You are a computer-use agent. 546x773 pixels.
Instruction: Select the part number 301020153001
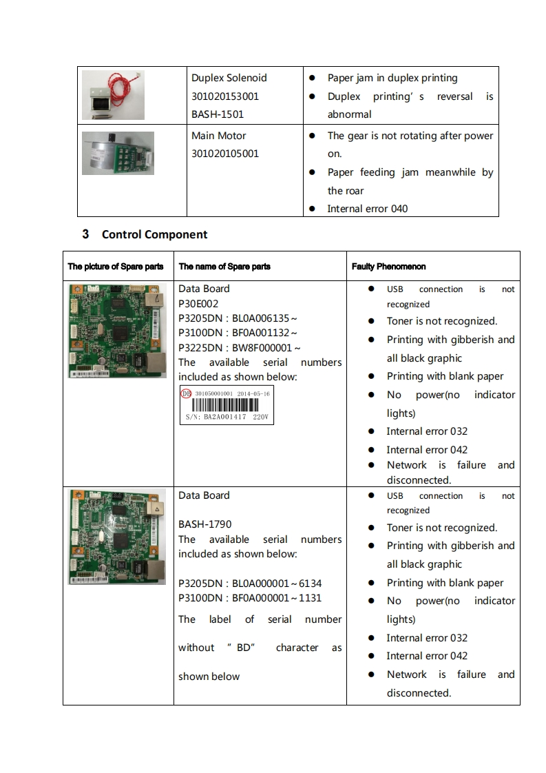[225, 96]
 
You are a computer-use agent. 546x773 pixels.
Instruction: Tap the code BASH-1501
[218, 114]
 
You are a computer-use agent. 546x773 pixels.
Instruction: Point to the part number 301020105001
[225, 154]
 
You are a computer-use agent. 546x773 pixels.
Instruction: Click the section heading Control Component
[154, 234]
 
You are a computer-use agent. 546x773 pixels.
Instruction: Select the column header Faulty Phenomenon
[388, 267]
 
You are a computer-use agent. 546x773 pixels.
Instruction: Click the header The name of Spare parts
[224, 267]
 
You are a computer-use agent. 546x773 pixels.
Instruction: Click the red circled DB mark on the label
[186, 393]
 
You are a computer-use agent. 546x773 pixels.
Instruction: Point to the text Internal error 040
[367, 209]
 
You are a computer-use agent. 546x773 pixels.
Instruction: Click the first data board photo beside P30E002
[117, 330]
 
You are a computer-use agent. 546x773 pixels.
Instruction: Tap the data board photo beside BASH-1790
[117, 537]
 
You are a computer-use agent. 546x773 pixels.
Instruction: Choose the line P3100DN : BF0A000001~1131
[250, 598]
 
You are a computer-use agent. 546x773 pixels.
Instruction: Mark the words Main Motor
[218, 136]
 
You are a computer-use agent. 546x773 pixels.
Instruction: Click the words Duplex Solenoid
[229, 78]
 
